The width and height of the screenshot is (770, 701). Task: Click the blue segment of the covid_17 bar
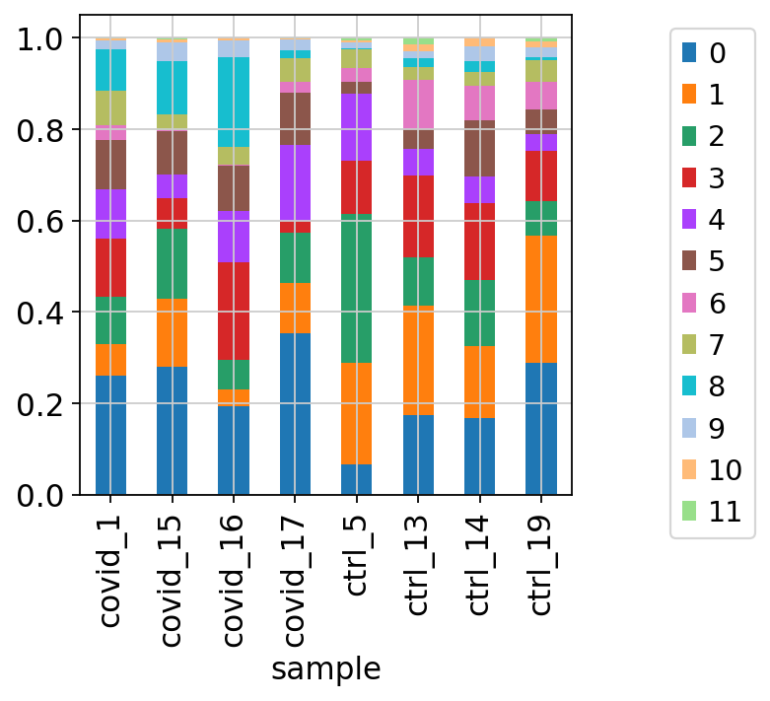(295, 414)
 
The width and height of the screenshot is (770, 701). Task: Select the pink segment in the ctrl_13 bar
(418, 105)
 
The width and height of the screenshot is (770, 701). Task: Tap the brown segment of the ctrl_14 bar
(479, 148)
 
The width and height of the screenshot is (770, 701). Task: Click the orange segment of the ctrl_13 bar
(418, 360)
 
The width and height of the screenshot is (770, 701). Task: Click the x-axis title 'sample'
(325, 669)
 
